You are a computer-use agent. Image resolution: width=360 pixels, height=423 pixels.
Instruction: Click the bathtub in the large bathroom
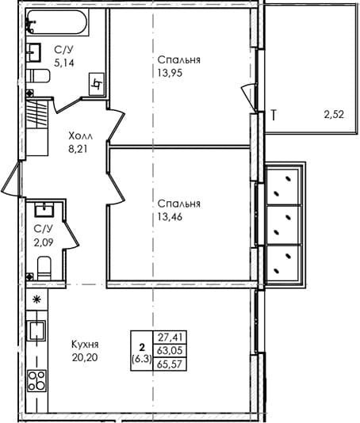coord(58,22)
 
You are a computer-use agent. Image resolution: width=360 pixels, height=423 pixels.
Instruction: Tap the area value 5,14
coord(64,63)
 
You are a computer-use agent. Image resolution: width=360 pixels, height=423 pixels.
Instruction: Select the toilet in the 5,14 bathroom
coord(38,76)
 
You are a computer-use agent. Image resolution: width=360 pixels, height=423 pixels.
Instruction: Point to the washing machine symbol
coord(97,84)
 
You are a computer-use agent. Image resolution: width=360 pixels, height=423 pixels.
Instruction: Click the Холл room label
coord(80,136)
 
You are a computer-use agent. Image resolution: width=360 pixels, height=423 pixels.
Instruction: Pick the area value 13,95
coord(170,73)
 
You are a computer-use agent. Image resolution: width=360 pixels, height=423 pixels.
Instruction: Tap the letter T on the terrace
coord(274,116)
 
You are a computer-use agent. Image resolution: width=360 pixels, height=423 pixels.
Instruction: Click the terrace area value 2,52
coord(334,115)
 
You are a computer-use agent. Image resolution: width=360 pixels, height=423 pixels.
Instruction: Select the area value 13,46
coord(170,216)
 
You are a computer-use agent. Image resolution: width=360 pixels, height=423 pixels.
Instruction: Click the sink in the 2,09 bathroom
coord(44,209)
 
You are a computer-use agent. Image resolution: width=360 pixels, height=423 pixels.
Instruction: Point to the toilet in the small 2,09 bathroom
coord(44,269)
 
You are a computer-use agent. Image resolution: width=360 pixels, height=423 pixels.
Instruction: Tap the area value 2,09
coord(44,242)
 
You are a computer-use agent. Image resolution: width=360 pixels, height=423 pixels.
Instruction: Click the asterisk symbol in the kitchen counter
coord(36,299)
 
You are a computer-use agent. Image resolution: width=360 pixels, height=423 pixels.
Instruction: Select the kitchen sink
coord(37,330)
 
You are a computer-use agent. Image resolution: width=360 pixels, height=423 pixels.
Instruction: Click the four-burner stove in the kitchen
coord(37,381)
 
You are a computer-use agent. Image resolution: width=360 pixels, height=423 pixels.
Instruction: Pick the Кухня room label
coord(85,345)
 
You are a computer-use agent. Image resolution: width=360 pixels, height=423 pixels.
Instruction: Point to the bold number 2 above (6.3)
coord(142,346)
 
